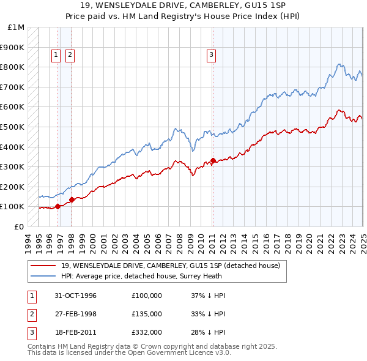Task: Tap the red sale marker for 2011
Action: [213, 160]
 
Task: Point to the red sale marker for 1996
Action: [58, 206]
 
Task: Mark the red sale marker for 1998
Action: [72, 199]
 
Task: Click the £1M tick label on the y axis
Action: [17, 28]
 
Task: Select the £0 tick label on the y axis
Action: [19, 226]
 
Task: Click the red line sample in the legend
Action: [44, 266]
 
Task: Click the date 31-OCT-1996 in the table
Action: [76, 296]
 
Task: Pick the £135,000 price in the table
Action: [147, 314]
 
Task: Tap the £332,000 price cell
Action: [147, 332]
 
